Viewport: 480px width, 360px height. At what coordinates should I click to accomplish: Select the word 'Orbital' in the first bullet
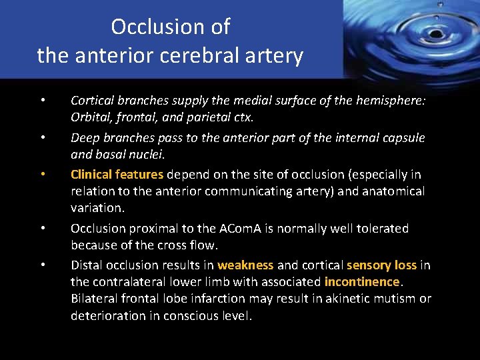[x=91, y=117]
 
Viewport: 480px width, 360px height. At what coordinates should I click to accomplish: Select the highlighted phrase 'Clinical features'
[x=117, y=175]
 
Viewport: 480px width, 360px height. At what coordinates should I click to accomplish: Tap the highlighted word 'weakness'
[x=245, y=265]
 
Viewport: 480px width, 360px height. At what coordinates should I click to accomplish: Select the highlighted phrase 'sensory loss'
[x=381, y=265]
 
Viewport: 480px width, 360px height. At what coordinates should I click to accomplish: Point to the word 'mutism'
[x=392, y=298]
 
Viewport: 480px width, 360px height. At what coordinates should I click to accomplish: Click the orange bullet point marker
[x=42, y=175]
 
